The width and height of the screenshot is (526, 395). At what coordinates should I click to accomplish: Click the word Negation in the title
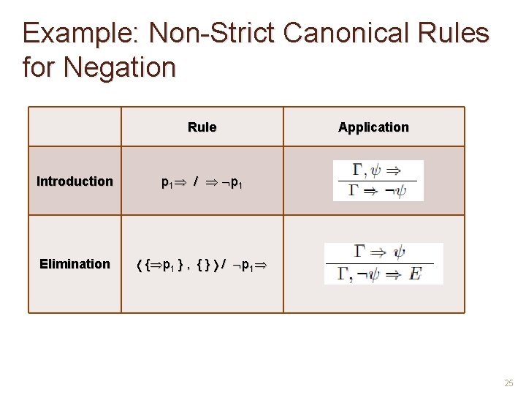pyautogui.click(x=120, y=67)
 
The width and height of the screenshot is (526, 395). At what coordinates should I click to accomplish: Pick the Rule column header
pyautogui.click(x=202, y=127)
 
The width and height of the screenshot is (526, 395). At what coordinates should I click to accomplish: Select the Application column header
pyautogui.click(x=373, y=127)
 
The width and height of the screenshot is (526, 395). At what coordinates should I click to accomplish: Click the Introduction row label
pyautogui.click(x=75, y=181)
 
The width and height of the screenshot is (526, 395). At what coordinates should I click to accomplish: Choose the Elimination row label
pyautogui.click(x=75, y=264)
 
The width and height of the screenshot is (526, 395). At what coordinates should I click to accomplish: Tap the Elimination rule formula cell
pyautogui.click(x=202, y=264)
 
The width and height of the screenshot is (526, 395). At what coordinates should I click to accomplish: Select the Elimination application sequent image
pyautogui.click(x=383, y=263)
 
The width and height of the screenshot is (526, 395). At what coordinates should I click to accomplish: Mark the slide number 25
pyautogui.click(x=508, y=383)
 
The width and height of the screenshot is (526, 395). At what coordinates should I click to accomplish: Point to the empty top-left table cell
pyautogui.click(x=75, y=127)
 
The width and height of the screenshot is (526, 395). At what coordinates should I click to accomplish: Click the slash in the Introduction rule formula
pyautogui.click(x=195, y=182)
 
